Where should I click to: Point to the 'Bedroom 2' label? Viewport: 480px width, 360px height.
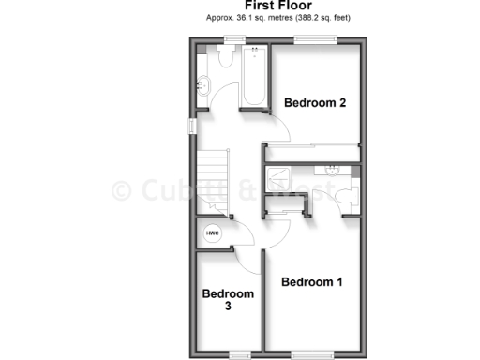click(316, 103)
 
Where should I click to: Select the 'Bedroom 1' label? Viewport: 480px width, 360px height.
click(312, 282)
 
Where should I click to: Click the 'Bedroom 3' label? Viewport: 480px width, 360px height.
click(229, 300)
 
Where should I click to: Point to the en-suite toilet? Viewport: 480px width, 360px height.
click(349, 194)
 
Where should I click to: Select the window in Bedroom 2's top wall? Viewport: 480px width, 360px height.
click(315, 39)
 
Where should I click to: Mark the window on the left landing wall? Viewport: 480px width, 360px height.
click(191, 126)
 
